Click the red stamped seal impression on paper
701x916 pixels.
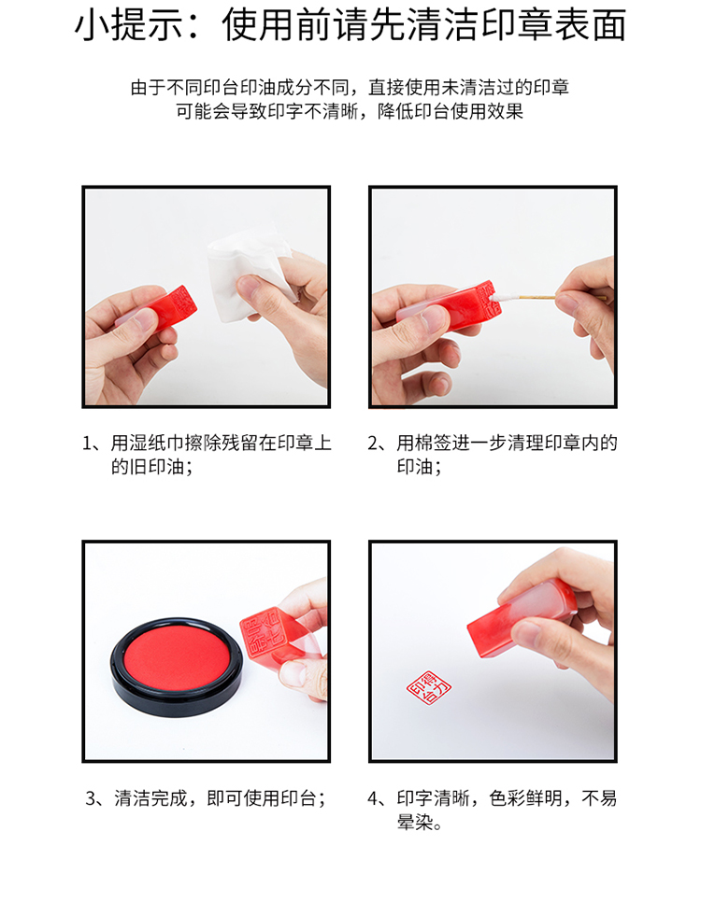click(429, 687)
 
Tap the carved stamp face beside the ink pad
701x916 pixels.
click(263, 634)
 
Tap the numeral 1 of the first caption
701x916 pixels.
click(88, 443)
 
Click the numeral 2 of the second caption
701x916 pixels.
click(373, 443)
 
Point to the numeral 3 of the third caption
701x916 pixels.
click(92, 798)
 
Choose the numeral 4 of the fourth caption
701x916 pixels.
click(373, 798)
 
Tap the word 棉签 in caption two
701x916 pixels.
click(434, 443)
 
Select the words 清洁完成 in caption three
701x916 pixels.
click(150, 798)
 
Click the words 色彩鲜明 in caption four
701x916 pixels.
click(525, 798)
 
